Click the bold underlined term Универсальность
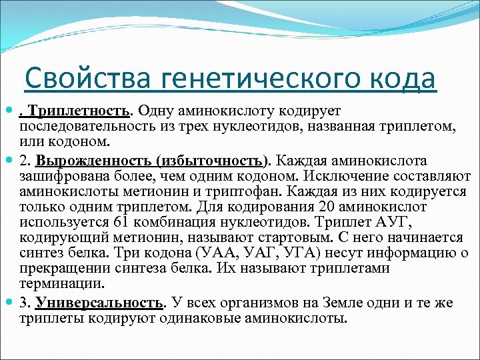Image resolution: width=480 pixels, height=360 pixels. pyautogui.click(x=99, y=303)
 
